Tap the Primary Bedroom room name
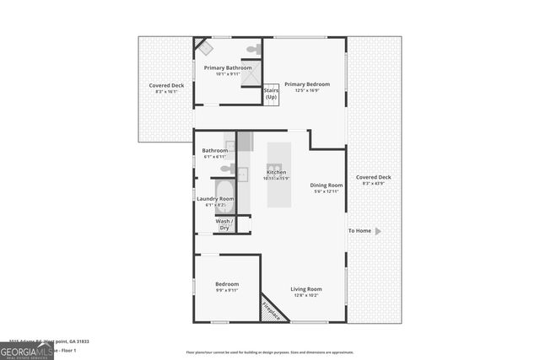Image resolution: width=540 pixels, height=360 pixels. [x=306, y=84]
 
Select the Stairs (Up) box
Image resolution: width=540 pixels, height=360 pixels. [x=271, y=93]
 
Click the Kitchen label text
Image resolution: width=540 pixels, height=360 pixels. [x=277, y=172]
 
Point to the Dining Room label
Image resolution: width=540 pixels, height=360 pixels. [x=326, y=185]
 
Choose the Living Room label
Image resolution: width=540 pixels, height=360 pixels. [x=306, y=289]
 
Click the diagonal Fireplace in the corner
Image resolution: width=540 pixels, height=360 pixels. [x=272, y=309]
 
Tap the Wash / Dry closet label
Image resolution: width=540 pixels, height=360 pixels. [x=223, y=224]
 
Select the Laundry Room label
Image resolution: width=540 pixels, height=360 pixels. [x=215, y=199]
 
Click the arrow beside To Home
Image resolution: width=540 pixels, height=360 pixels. [x=378, y=231]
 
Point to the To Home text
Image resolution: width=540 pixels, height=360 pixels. [x=359, y=231]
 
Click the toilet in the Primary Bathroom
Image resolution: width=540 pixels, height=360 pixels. [x=251, y=50]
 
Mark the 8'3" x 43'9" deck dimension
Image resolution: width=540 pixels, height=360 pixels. [x=373, y=184]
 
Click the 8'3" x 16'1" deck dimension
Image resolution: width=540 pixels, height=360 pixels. [x=166, y=92]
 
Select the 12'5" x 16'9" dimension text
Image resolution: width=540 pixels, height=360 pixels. [x=306, y=91]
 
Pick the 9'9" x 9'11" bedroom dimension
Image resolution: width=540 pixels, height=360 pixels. [x=226, y=291]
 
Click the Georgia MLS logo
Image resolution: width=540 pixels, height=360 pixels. [x=26, y=352]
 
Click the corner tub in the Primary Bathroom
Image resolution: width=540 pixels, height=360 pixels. [x=203, y=46]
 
